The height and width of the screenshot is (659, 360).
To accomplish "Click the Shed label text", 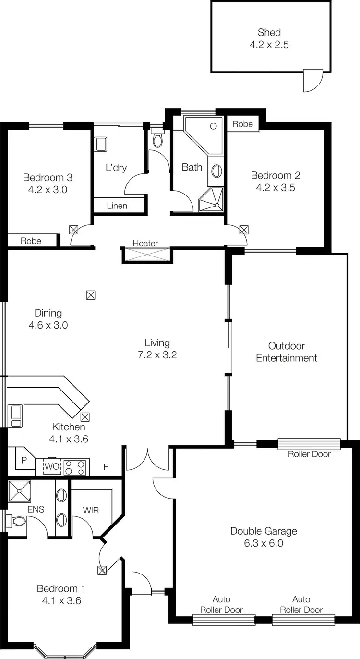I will click(x=269, y=33).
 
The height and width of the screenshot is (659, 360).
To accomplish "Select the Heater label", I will click(x=145, y=244).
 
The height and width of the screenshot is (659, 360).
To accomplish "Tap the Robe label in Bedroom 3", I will click(x=31, y=241).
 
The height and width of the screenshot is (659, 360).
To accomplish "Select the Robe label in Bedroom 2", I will click(x=242, y=124).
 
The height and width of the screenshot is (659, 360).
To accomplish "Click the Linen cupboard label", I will click(x=117, y=206).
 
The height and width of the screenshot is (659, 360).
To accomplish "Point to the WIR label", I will click(x=91, y=510).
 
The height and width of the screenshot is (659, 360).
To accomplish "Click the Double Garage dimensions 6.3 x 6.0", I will click(x=264, y=543).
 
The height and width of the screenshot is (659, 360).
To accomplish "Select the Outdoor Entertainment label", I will click(x=287, y=352).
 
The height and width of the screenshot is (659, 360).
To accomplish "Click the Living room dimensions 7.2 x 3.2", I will click(x=157, y=355).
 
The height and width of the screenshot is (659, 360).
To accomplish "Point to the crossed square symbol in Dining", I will click(x=90, y=295).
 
